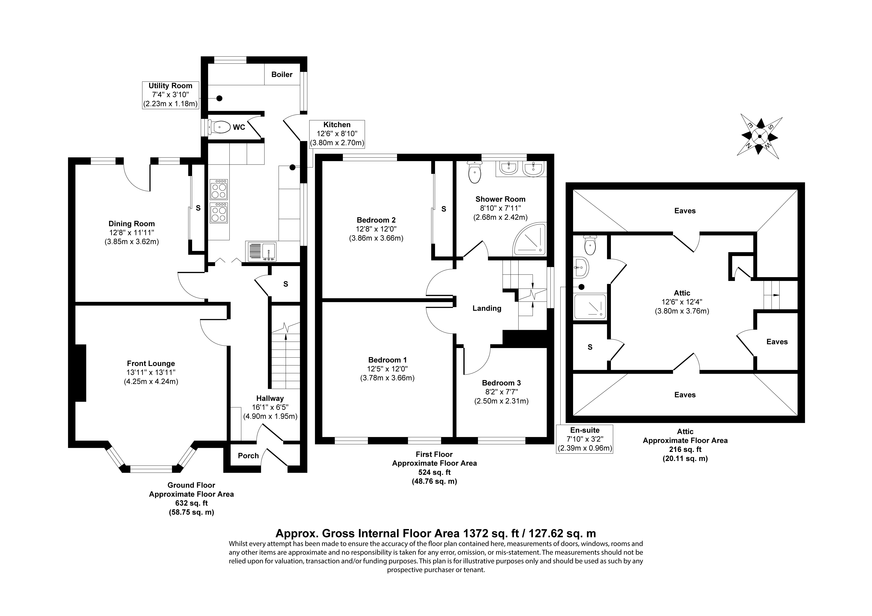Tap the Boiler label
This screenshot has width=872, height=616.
click(x=282, y=74)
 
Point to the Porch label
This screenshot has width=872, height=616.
click(x=248, y=456)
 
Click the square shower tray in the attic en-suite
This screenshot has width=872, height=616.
click(x=590, y=306)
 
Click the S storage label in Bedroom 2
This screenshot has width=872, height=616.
click(x=444, y=209)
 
